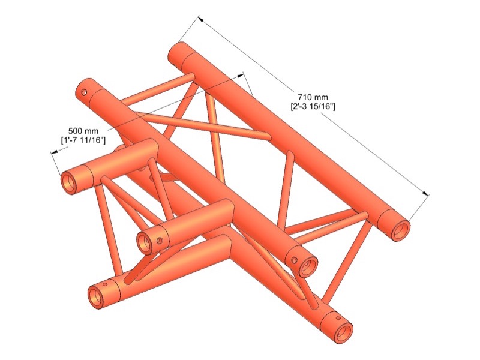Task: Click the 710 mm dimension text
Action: point(313,97)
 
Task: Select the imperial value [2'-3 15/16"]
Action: point(313,107)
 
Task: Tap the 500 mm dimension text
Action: point(83,131)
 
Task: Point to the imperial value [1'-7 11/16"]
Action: point(83,140)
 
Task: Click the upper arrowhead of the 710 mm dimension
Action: point(201,19)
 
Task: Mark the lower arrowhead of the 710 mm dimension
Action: point(425,193)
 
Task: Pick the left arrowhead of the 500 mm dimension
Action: point(55,152)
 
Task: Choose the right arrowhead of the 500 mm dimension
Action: point(241,76)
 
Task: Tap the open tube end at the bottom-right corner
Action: point(344,332)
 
